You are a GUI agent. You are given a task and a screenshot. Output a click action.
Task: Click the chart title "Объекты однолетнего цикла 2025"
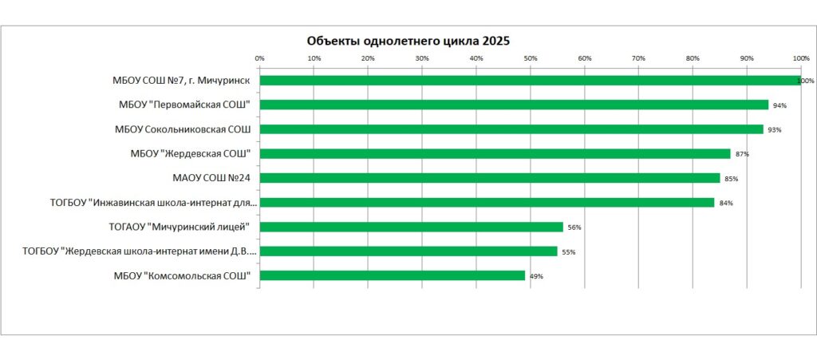[408, 41]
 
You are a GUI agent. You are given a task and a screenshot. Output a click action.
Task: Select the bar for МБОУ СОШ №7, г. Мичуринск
[530, 81]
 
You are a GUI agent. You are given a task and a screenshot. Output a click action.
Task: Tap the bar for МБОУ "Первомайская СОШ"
[514, 105]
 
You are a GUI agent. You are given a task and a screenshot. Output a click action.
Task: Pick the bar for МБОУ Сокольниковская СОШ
[511, 129]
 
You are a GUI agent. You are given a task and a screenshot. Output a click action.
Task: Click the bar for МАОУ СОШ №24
[490, 178]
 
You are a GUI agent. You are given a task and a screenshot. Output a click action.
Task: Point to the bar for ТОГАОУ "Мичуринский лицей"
[411, 227]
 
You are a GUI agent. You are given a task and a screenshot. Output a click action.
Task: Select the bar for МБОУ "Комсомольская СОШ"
[392, 275]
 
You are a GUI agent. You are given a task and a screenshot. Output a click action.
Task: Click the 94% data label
[780, 105]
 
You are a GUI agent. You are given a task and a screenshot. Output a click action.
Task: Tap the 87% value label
[742, 154]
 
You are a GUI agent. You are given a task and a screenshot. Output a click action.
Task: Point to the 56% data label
[574, 227]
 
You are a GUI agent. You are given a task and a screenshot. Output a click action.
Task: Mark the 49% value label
[536, 276]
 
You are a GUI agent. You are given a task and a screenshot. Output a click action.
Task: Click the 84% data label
[726, 203]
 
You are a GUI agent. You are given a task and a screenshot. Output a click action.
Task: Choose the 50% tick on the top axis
[531, 58]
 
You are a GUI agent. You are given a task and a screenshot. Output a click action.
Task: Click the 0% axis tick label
[259, 58]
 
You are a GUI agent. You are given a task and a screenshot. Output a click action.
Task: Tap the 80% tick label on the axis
[693, 58]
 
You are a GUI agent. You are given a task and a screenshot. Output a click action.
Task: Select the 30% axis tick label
[422, 58]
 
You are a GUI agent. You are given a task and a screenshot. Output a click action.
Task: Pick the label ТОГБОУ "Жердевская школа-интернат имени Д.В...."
[140, 251]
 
